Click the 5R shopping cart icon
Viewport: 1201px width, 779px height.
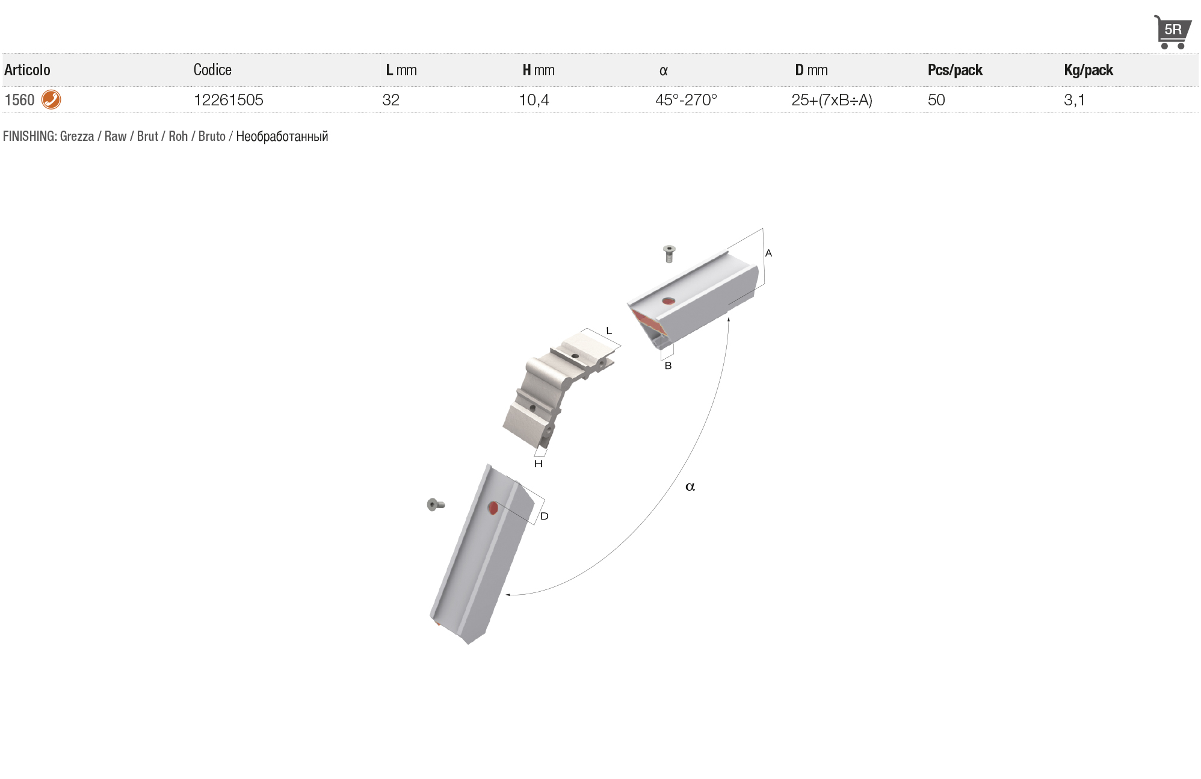tap(1172, 32)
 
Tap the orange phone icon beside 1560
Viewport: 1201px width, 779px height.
tap(51, 99)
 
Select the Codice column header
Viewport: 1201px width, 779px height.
tap(212, 70)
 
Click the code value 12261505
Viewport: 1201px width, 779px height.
tap(229, 100)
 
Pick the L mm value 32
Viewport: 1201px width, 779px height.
tap(391, 100)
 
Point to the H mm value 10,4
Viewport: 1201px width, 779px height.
tap(534, 100)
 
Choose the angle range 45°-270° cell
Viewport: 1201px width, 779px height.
tap(687, 100)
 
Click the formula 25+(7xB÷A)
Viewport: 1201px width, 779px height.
tap(832, 100)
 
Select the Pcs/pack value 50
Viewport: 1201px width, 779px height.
tap(936, 100)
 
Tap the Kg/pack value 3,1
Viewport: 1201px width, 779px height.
tap(1074, 100)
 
